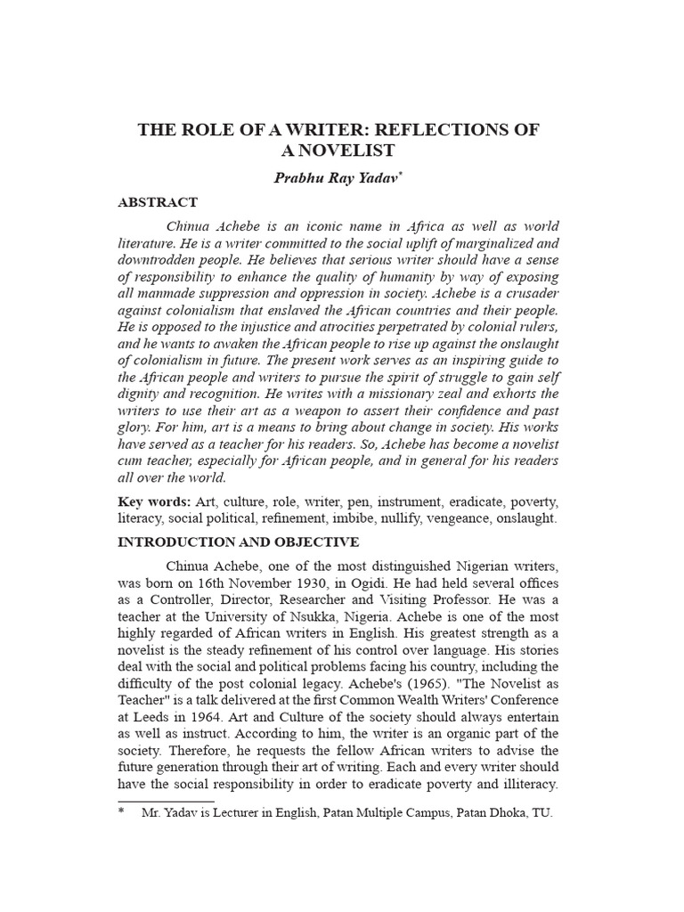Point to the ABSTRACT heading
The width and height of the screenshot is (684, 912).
158,202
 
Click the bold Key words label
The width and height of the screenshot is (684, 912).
151,501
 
